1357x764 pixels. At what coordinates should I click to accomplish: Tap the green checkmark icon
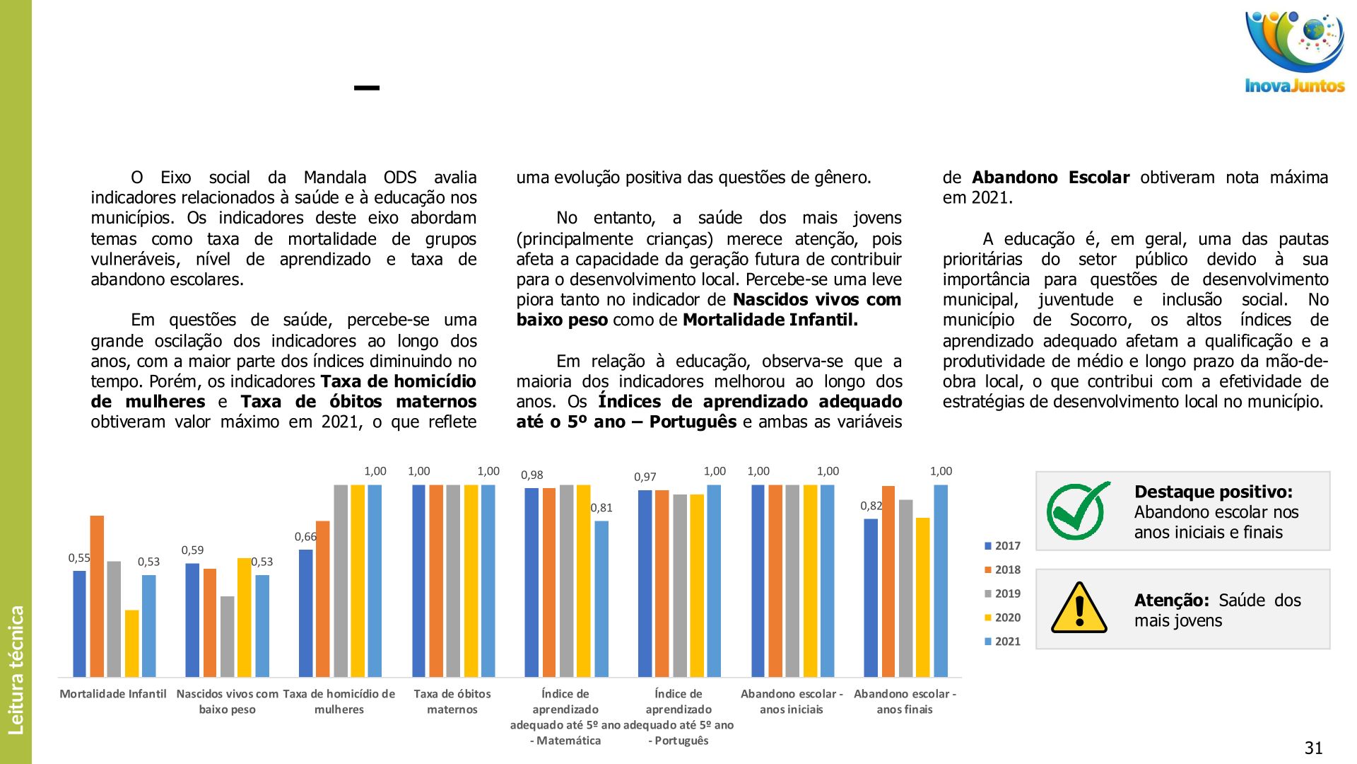(1076, 511)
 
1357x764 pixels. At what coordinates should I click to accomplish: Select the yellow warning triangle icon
(1079, 608)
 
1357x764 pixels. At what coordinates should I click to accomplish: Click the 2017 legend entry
(1002, 546)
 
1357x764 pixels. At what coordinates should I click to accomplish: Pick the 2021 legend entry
(1002, 642)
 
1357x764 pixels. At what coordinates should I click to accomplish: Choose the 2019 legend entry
(1002, 594)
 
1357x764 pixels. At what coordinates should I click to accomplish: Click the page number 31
(1313, 748)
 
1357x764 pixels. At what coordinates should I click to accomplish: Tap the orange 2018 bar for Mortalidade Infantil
(97, 596)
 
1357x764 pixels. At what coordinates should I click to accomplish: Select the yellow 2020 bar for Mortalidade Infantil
(131, 643)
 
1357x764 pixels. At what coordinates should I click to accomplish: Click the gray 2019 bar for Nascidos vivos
(227, 636)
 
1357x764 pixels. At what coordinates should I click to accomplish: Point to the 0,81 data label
(601, 508)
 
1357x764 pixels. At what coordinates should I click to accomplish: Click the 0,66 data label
(305, 537)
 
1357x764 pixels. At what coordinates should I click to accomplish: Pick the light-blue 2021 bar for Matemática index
(601, 598)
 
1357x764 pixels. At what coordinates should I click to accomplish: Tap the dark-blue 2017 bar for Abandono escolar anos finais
(871, 598)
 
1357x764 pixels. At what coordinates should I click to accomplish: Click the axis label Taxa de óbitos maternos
(452, 702)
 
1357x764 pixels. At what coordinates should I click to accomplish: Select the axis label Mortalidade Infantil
(113, 694)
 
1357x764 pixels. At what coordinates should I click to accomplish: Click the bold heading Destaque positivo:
(1213, 492)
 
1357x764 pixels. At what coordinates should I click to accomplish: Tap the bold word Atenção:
(1171, 600)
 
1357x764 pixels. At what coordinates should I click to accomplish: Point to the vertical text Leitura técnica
(16, 669)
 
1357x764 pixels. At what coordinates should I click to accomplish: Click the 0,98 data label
(532, 475)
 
